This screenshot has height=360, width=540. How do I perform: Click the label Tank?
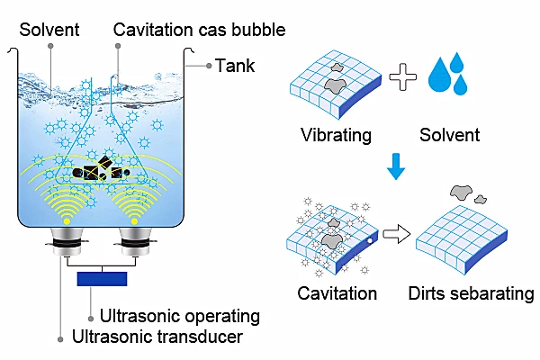tap(235, 66)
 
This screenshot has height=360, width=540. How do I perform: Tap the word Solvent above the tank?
tap(49, 30)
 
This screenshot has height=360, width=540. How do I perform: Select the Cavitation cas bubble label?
tap(199, 30)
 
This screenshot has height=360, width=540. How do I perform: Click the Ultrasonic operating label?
tap(179, 316)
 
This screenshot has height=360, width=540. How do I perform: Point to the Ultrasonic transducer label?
tap(157, 337)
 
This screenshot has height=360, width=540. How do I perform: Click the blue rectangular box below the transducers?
tap(102, 279)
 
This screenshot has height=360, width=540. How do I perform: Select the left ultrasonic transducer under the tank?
tap(67, 242)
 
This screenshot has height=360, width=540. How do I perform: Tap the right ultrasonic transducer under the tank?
tap(135, 242)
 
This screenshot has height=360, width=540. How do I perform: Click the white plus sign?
tap(402, 77)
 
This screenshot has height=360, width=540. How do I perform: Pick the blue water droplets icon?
tap(447, 74)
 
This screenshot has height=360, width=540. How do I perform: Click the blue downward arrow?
tap(396, 166)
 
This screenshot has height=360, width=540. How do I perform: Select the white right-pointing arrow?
tap(397, 234)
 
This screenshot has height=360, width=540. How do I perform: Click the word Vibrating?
tap(336, 135)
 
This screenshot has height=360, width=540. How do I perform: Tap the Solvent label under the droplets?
tap(449, 135)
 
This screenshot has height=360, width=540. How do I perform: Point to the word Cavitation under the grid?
tap(337, 293)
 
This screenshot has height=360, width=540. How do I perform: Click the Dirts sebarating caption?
tap(471, 294)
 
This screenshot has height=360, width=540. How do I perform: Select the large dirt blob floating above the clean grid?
tap(462, 193)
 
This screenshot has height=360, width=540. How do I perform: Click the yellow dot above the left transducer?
tap(67, 221)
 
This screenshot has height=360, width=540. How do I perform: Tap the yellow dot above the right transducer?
tap(134, 221)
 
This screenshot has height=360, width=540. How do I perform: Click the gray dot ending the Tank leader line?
tap(209, 66)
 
